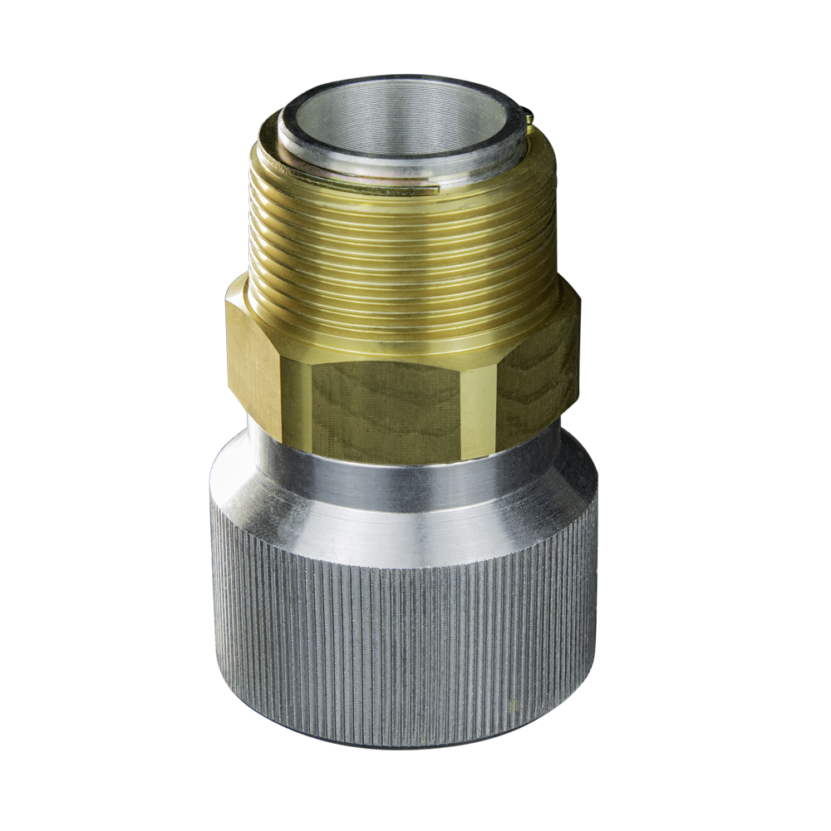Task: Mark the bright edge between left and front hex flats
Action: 295,399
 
